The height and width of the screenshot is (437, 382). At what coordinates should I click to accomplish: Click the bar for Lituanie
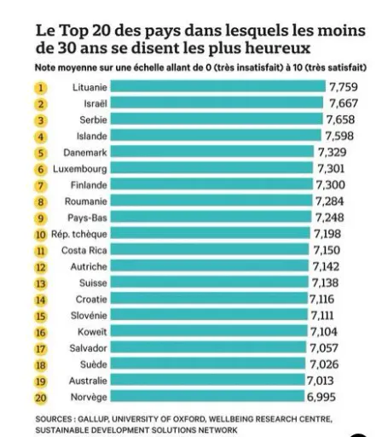click(x=218, y=86)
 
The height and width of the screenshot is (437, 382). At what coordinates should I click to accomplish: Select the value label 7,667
click(x=344, y=103)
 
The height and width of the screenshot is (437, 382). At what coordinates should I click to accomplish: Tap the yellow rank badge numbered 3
click(x=41, y=120)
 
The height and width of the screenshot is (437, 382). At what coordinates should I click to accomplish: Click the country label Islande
click(x=92, y=137)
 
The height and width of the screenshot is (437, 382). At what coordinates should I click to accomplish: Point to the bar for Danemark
click(x=212, y=151)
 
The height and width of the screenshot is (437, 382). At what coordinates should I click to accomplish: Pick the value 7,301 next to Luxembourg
click(x=331, y=169)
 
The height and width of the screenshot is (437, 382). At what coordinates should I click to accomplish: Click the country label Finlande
click(x=89, y=185)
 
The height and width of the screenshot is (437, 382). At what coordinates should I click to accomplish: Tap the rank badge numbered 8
click(x=41, y=202)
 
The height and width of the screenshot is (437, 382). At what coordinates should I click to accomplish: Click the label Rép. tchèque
click(x=79, y=234)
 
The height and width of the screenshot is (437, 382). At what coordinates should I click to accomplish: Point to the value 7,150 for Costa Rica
click(x=327, y=250)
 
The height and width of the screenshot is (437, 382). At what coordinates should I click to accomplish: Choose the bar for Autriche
click(x=210, y=265)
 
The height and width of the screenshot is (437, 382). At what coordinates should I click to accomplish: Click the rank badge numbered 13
click(x=41, y=283)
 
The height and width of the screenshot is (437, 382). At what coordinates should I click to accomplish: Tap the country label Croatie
click(x=91, y=300)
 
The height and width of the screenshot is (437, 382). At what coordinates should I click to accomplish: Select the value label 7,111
click(x=322, y=316)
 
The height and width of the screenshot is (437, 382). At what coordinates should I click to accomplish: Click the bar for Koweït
click(x=209, y=330)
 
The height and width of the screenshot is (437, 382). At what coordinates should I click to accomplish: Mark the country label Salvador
click(x=88, y=348)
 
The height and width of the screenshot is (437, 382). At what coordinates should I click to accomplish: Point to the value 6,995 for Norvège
click(x=321, y=397)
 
